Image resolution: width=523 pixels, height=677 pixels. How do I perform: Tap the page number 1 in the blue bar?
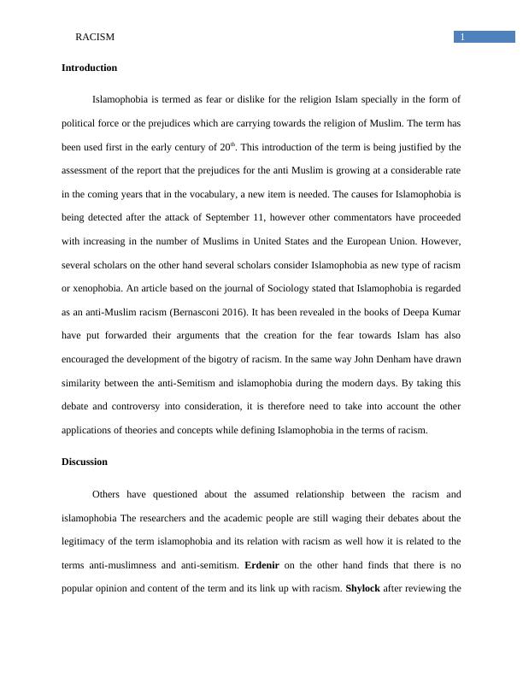tap(462, 37)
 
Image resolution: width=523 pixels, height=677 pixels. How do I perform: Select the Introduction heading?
tap(89, 68)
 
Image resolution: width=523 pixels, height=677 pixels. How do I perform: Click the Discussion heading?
tap(85, 462)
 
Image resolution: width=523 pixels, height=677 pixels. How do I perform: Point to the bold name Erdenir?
tap(267, 565)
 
